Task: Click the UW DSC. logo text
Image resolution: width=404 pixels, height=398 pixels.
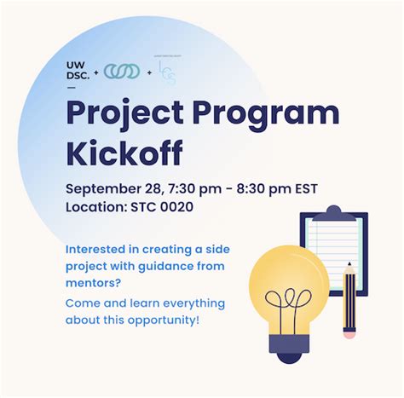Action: pos(78,72)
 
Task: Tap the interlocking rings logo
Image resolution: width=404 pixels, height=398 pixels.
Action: pos(122,72)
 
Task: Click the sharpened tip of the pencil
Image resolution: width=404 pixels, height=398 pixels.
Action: pos(349,268)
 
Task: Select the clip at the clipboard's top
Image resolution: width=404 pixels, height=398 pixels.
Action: pos(332,211)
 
